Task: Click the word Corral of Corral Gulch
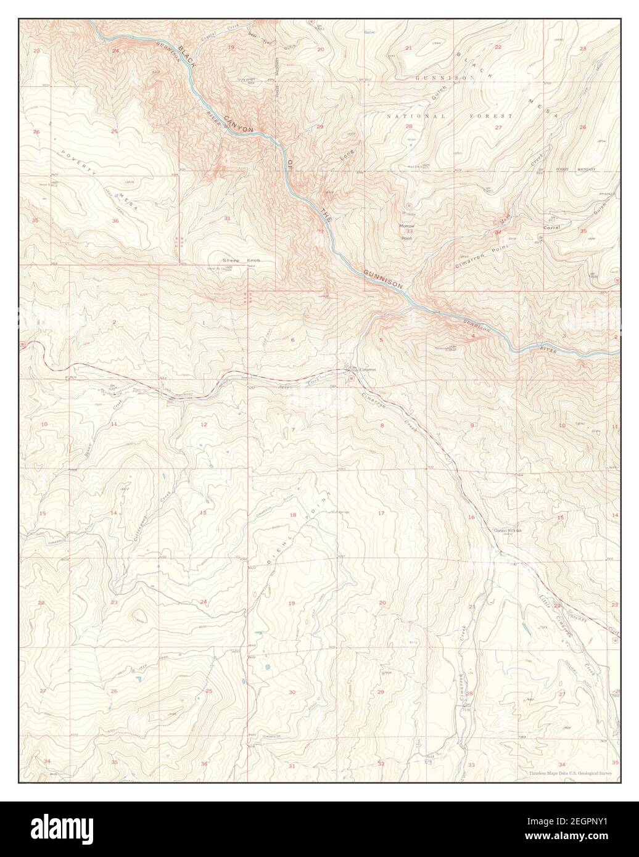pyautogui.click(x=551, y=228)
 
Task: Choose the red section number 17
pyautogui.click(x=381, y=514)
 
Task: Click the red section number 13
pyautogui.click(x=202, y=513)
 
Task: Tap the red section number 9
pyautogui.click(x=472, y=425)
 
